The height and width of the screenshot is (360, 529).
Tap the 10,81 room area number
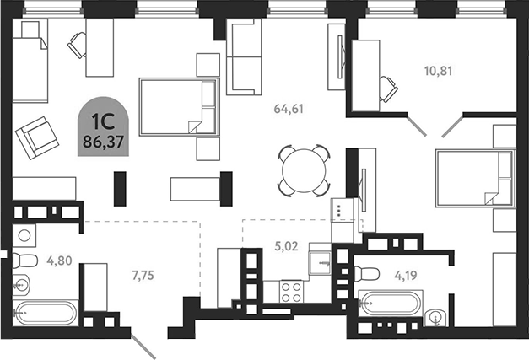(x=439, y=71)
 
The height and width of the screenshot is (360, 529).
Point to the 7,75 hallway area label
(x=145, y=274)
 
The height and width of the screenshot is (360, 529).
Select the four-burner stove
(x=292, y=291)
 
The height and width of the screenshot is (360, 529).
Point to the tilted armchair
(x=35, y=136)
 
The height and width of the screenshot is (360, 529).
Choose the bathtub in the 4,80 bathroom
(x=44, y=313)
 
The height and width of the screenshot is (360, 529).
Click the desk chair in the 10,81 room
(x=389, y=85)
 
